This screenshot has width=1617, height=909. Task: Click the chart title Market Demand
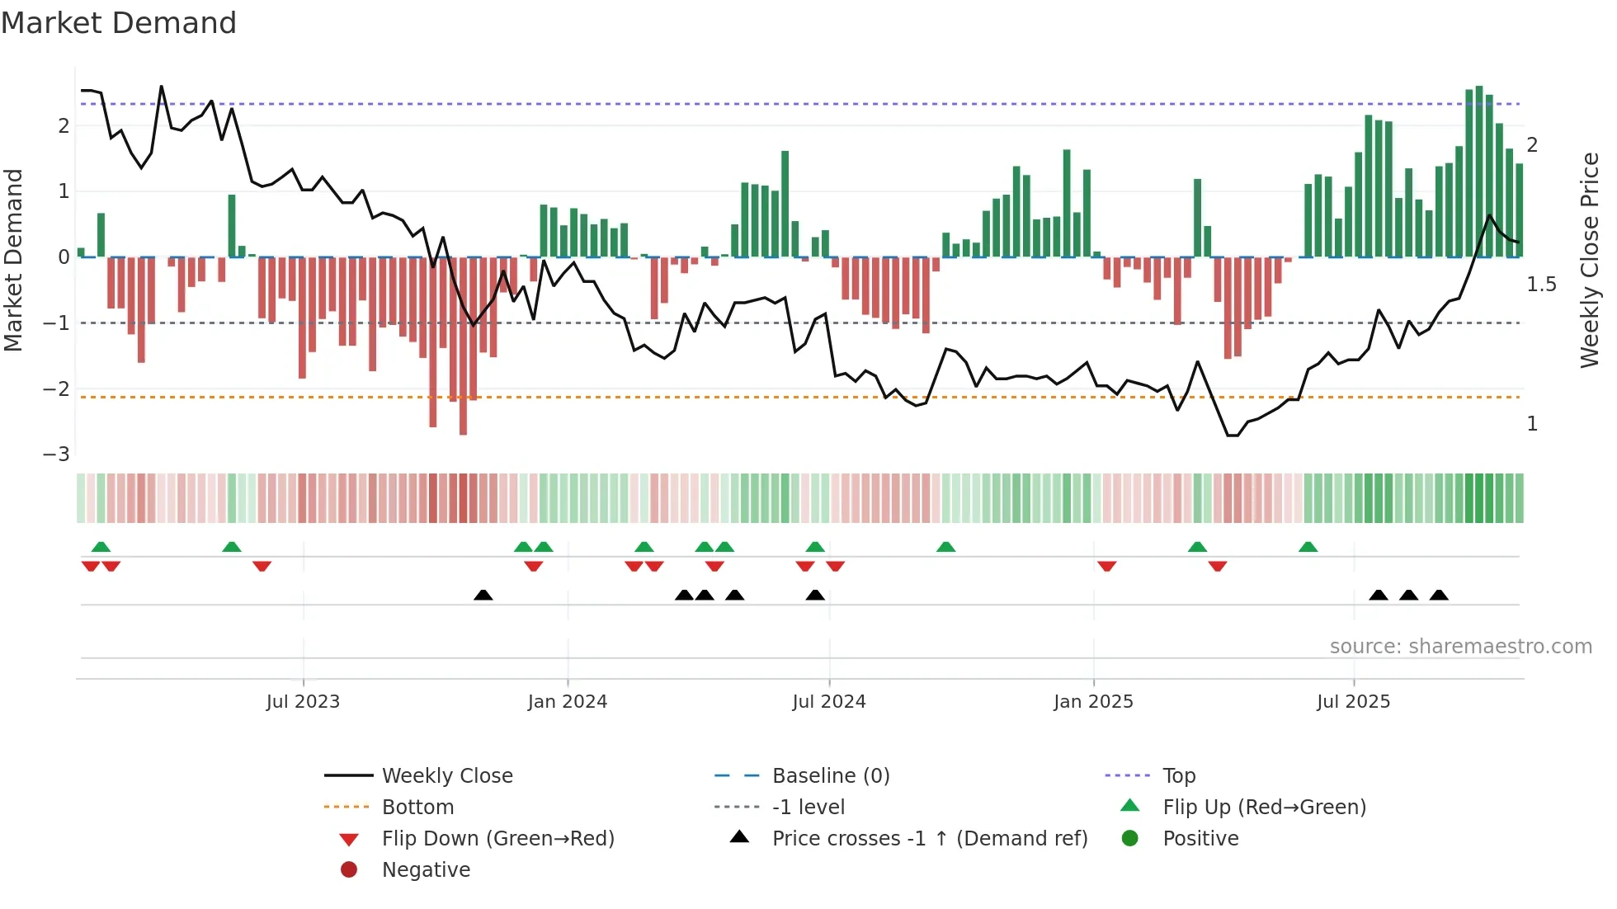(119, 23)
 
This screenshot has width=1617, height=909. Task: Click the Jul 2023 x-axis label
(303, 702)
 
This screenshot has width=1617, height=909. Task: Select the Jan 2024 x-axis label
(568, 702)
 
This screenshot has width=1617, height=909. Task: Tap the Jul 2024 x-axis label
(829, 702)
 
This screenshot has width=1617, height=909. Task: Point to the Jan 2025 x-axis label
(1093, 702)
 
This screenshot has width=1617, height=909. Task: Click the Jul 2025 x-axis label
(1354, 702)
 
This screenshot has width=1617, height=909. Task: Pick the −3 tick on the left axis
(56, 454)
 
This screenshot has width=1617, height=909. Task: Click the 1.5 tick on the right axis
(1541, 285)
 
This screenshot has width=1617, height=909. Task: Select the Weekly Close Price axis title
(1590, 260)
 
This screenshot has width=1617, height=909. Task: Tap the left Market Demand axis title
(13, 260)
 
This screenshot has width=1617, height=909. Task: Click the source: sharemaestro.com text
(1460, 647)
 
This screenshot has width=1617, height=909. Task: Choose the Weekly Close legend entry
(447, 776)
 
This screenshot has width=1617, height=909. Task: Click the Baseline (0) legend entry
(831, 776)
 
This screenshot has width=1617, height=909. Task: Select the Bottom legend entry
(417, 808)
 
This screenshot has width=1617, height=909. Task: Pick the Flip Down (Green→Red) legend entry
(497, 839)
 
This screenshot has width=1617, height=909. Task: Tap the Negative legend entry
(426, 870)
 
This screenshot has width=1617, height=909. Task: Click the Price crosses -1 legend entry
(930, 839)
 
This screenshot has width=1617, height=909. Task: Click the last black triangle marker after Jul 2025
(1439, 595)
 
